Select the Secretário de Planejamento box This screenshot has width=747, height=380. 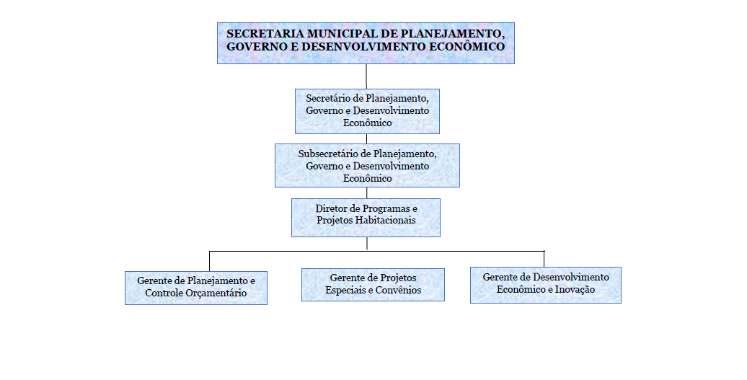[x=367, y=111]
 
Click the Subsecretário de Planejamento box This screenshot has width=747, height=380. [x=367, y=165]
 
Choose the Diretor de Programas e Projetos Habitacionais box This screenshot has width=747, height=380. [x=366, y=218]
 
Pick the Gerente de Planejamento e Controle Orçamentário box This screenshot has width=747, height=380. [x=196, y=288]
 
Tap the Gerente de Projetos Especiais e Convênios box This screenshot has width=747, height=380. [x=373, y=285]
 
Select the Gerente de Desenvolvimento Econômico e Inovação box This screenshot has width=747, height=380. [x=546, y=285]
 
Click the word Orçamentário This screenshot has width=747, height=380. [x=220, y=293]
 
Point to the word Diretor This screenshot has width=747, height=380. [x=331, y=208]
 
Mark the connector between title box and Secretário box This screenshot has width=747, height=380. [x=366, y=76]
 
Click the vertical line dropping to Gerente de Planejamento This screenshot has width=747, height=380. [x=210, y=261]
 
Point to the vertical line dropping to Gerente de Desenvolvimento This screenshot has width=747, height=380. [x=544, y=259]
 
